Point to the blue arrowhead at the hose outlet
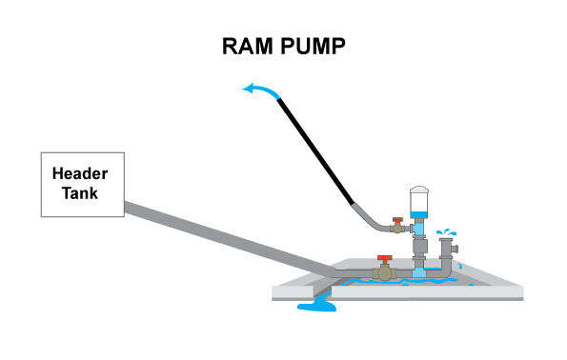click(x=249, y=90)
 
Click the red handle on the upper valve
click(x=400, y=218)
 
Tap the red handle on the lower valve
click(x=384, y=258)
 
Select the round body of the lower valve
click(x=384, y=273)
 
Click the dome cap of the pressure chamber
click(x=420, y=190)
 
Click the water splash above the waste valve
click(x=445, y=232)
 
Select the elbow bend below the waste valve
click(x=443, y=272)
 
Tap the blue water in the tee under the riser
click(x=420, y=272)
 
